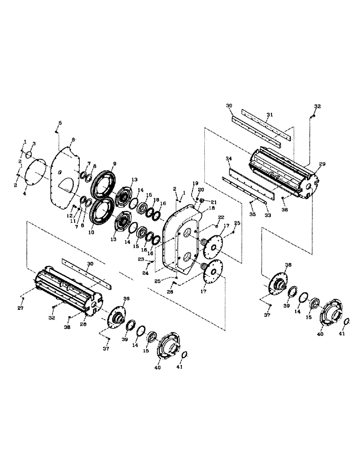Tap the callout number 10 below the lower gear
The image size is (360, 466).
coord(91,232)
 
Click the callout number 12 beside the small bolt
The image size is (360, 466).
coord(69,216)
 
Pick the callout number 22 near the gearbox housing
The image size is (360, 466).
coord(221,218)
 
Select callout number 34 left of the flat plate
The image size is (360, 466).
coord(228,159)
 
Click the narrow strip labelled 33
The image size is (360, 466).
coord(247,191)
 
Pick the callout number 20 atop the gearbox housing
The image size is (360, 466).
coord(201,190)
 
